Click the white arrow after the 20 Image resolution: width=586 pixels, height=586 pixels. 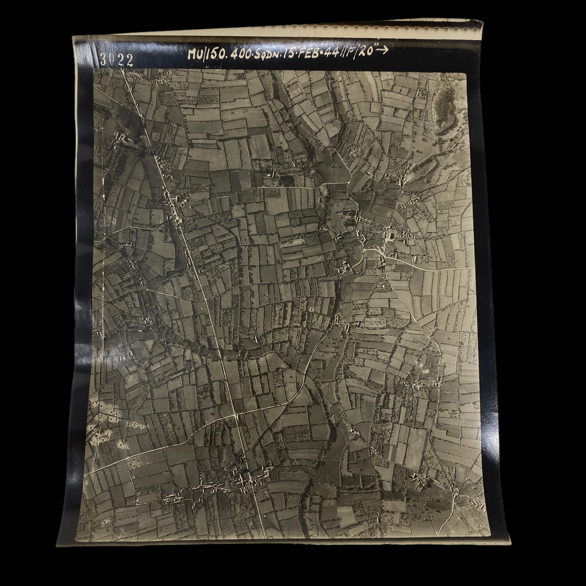click(x=383, y=50)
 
